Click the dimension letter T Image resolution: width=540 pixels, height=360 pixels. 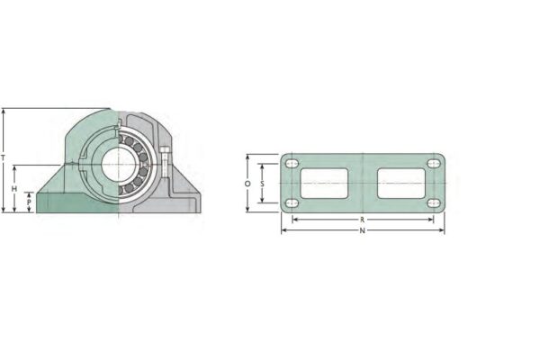(x=4, y=157)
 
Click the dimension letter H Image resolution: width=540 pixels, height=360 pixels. (x=15, y=189)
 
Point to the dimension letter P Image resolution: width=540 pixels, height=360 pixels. (x=30, y=202)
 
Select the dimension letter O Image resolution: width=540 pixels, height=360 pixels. (x=247, y=183)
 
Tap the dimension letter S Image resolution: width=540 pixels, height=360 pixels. (x=261, y=183)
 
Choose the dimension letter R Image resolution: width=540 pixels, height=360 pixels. (x=362, y=219)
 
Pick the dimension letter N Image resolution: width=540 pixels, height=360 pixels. (x=362, y=231)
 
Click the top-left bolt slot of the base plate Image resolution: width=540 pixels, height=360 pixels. (x=291, y=164)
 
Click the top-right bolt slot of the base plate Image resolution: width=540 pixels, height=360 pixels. (x=434, y=164)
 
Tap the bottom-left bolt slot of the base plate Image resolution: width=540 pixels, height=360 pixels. (x=291, y=202)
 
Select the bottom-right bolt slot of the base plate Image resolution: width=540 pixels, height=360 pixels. (x=434, y=202)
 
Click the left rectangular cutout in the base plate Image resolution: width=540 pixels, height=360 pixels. (x=324, y=183)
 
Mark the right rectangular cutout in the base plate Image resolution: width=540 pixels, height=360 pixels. (x=400, y=183)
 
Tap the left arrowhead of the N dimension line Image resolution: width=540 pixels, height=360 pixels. (x=283, y=230)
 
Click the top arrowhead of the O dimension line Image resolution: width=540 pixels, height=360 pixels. (x=248, y=156)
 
